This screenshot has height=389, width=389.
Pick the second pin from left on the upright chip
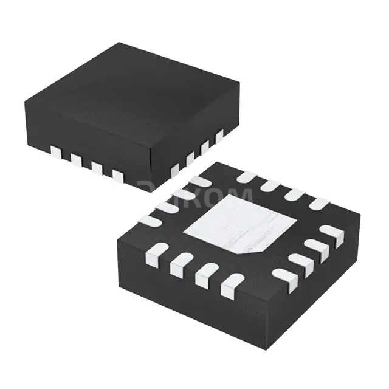[76, 159]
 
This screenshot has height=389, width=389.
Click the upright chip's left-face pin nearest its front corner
[118, 176]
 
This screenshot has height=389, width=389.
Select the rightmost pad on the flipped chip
[332, 232]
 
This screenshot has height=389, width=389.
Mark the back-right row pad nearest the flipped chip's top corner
[246, 177]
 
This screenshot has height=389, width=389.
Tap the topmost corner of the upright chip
[120, 43]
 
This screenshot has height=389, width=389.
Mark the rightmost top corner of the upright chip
[239, 84]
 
